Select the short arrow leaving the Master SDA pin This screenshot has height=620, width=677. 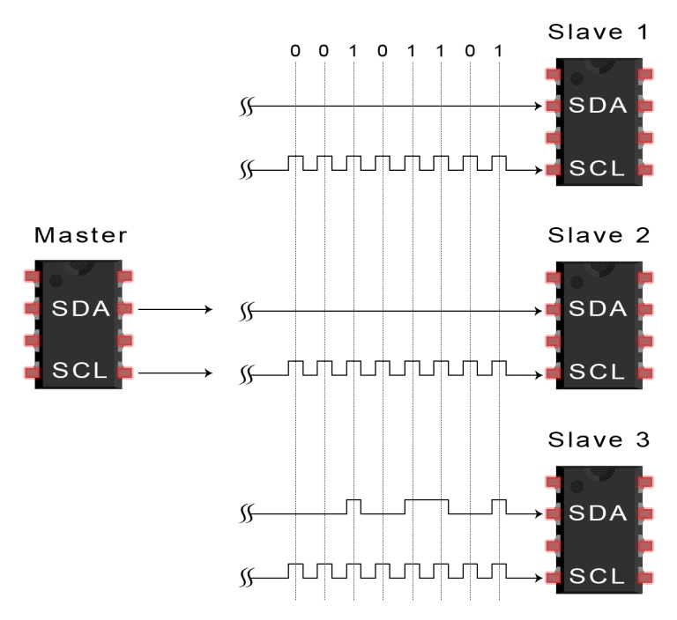click(x=176, y=310)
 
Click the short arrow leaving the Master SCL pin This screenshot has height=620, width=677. click(x=176, y=372)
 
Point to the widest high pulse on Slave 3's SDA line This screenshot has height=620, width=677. click(x=427, y=499)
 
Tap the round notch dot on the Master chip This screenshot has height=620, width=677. click(x=57, y=281)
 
